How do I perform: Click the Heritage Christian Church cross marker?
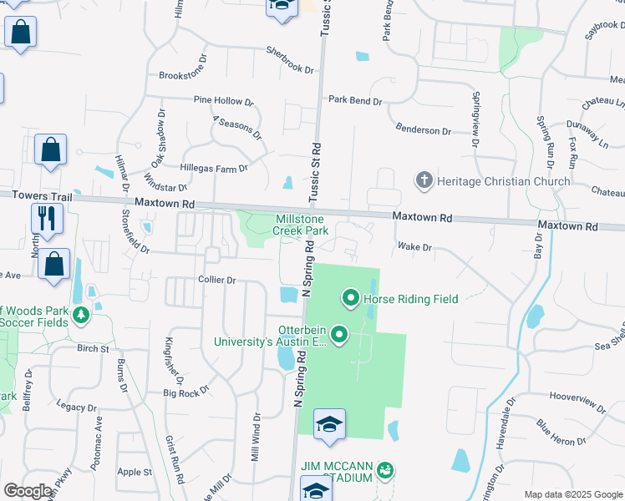pyautogui.click(x=424, y=180)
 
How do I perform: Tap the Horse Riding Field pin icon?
pyautogui.click(x=351, y=297)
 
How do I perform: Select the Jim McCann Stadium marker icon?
pyautogui.click(x=384, y=471)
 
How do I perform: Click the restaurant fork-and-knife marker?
pyautogui.click(x=47, y=219)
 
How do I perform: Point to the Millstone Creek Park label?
pyautogui.click(x=302, y=224)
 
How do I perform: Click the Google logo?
pyautogui.click(x=28, y=491)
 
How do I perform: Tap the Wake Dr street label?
pyautogui.click(x=414, y=247)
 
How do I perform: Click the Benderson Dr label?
pyautogui.click(x=423, y=131)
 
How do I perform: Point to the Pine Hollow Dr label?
pyautogui.click(x=223, y=101)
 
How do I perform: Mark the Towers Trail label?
pyautogui.click(x=37, y=195)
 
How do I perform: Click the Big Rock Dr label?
pyautogui.click(x=185, y=391)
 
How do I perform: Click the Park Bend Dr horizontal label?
pyautogui.click(x=354, y=100)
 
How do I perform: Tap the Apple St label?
pyautogui.click(x=135, y=472)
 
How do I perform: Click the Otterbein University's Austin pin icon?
pyautogui.click(x=339, y=335)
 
